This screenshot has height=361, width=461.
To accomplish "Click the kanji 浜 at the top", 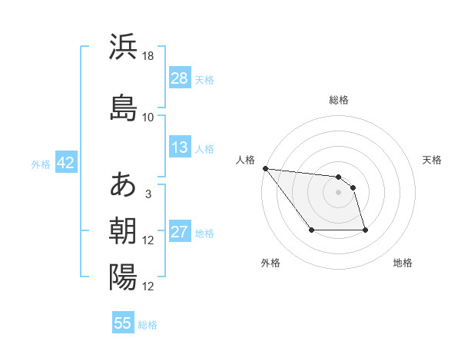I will (123, 47).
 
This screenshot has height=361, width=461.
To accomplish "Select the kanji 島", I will (123, 107).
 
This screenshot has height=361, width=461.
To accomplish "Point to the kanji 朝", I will (123, 230).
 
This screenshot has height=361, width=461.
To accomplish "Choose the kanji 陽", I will (123, 277).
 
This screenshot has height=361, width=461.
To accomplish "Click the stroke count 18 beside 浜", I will (148, 57).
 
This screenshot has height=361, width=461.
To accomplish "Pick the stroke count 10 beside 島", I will (148, 118).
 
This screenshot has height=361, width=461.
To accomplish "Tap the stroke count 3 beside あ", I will (148, 194).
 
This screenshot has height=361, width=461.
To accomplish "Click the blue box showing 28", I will (180, 78).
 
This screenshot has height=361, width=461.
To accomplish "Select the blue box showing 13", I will (180, 147).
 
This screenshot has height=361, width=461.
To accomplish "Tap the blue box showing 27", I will (180, 232).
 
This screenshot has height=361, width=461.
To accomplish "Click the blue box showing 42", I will (65, 163).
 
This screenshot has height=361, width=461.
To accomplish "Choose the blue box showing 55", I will (123, 323).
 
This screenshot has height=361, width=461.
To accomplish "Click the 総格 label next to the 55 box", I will (148, 325).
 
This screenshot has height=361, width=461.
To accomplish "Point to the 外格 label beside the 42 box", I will (41, 164).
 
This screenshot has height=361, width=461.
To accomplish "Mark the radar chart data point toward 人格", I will (265, 168).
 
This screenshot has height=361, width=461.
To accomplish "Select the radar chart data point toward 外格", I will (311, 230).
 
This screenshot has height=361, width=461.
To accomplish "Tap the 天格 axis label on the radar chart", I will (432, 160).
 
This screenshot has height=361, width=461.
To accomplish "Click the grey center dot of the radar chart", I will (338, 192).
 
